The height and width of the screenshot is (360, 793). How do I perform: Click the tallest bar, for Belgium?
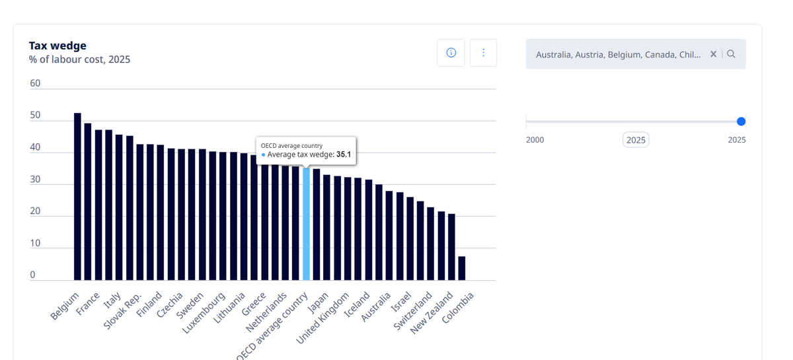77,196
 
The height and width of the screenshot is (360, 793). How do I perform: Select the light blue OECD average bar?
306,224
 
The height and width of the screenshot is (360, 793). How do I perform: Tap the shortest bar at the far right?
462,268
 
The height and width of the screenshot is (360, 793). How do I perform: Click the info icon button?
451,53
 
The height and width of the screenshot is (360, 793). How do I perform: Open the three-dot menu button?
483,53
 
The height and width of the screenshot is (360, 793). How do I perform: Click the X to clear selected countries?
713,54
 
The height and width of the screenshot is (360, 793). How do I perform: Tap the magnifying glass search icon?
731,54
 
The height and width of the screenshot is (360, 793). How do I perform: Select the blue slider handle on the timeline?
741,122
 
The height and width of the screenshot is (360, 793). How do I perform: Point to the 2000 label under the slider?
535,140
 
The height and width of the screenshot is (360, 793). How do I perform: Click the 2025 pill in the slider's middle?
636,140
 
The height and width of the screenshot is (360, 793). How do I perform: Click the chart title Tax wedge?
57,46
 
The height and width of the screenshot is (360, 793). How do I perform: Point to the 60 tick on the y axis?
35,83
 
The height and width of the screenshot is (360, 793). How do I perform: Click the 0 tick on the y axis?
32,275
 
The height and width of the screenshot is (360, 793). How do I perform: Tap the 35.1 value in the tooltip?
344,155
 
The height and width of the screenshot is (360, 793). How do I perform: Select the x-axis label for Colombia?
458,308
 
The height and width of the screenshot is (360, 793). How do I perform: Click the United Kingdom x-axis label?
322,318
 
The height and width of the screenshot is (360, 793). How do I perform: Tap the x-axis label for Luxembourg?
204,313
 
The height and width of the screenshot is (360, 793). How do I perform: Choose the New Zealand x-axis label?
432,313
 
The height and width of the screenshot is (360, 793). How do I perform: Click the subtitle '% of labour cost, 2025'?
80,59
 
